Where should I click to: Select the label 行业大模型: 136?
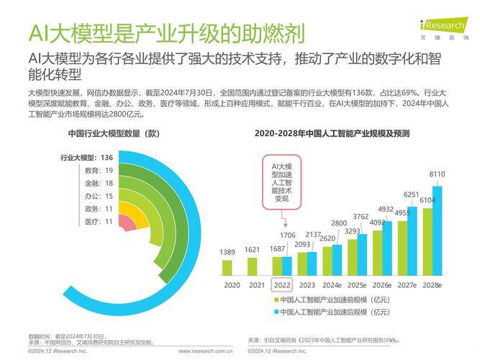(x=86, y=158)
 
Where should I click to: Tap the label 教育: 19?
(x=99, y=171)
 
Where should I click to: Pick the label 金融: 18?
(x=99, y=183)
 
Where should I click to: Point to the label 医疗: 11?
(x=99, y=221)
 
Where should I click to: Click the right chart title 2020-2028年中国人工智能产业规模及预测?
(x=332, y=133)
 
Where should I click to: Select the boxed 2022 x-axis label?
(x=281, y=285)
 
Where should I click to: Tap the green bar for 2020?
(x=227, y=268)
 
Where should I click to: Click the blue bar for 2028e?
(x=437, y=231)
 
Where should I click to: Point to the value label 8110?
(x=437, y=174)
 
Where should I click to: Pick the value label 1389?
(x=227, y=251)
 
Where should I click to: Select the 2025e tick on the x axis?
(x=357, y=285)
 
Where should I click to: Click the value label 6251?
(x=412, y=194)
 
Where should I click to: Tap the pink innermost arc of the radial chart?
(x=127, y=225)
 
